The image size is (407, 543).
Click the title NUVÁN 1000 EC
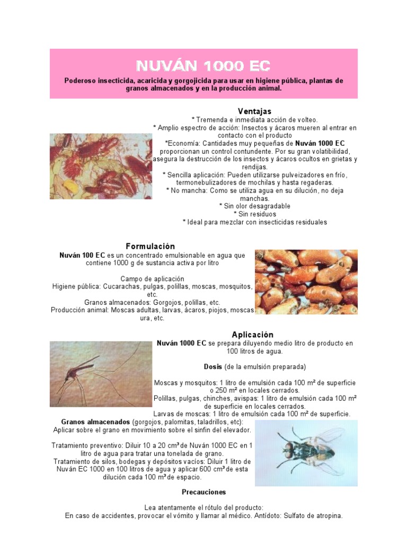203,65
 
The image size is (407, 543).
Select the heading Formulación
150,247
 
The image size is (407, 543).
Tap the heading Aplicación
253,335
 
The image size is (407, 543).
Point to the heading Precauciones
203,492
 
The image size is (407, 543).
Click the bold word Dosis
213,367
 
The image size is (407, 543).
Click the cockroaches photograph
101,166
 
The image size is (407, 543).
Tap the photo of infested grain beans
306,282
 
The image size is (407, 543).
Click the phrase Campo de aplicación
152,279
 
